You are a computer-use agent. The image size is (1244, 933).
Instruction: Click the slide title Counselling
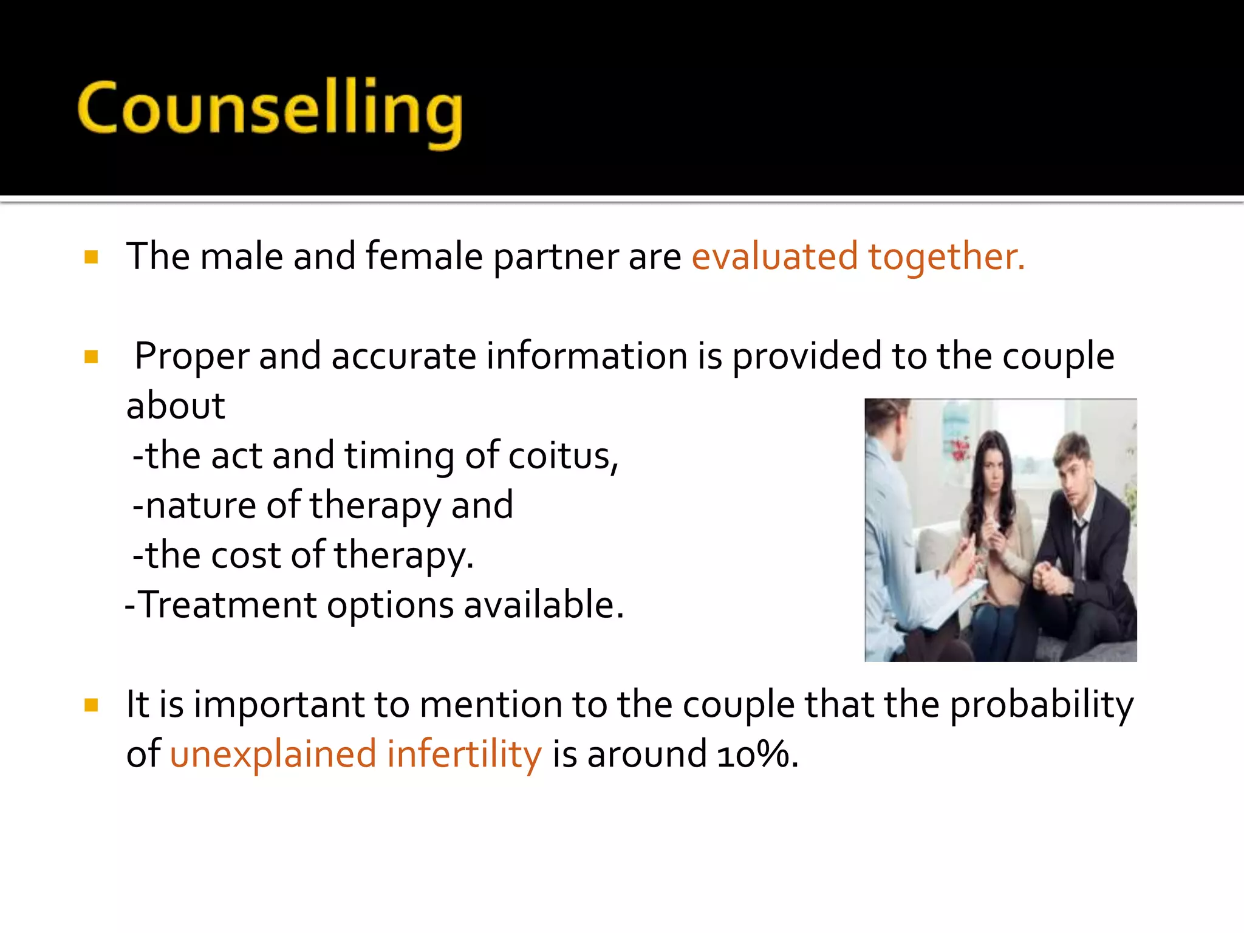coord(270,109)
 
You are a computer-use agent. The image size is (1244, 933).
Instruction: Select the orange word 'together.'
coord(946,256)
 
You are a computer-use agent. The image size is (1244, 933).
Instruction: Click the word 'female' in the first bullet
coord(424,256)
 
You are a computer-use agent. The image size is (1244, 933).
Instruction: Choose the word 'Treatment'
coord(228,605)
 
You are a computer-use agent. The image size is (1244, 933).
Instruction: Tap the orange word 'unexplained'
coord(273,754)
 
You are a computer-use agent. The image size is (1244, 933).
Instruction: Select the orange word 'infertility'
coord(464,754)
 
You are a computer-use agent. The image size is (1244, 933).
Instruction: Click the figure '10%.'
coord(757,754)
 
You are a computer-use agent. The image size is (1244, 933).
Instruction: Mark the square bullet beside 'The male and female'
coord(92,257)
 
